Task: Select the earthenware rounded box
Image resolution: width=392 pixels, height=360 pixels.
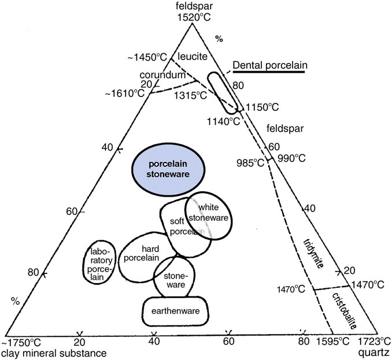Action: pos(176,311)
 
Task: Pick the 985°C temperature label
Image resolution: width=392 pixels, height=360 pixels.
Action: pos(251,162)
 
